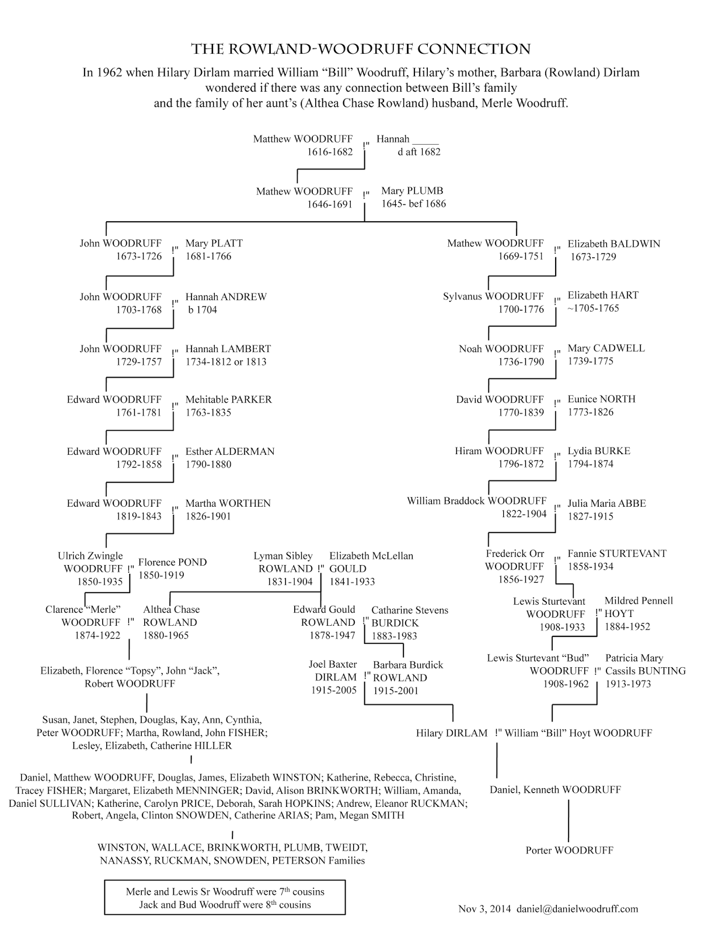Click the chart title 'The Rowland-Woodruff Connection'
point(361,49)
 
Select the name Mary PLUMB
point(412,191)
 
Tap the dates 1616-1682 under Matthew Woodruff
point(330,152)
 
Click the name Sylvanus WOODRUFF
point(493,297)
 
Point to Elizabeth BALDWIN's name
point(613,244)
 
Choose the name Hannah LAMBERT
point(228,348)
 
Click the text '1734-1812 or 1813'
point(226,361)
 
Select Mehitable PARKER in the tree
point(229,400)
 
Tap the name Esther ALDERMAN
point(230,451)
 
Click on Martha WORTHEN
point(228,503)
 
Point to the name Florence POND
point(172,562)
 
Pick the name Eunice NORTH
point(602,399)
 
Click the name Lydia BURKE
point(599,451)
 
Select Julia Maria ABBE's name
point(607,503)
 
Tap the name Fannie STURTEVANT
point(617,553)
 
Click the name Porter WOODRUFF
point(569,851)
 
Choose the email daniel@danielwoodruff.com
point(577,909)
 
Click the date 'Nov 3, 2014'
point(484,909)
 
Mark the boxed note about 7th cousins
point(225,898)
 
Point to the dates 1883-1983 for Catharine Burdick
point(394,636)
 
